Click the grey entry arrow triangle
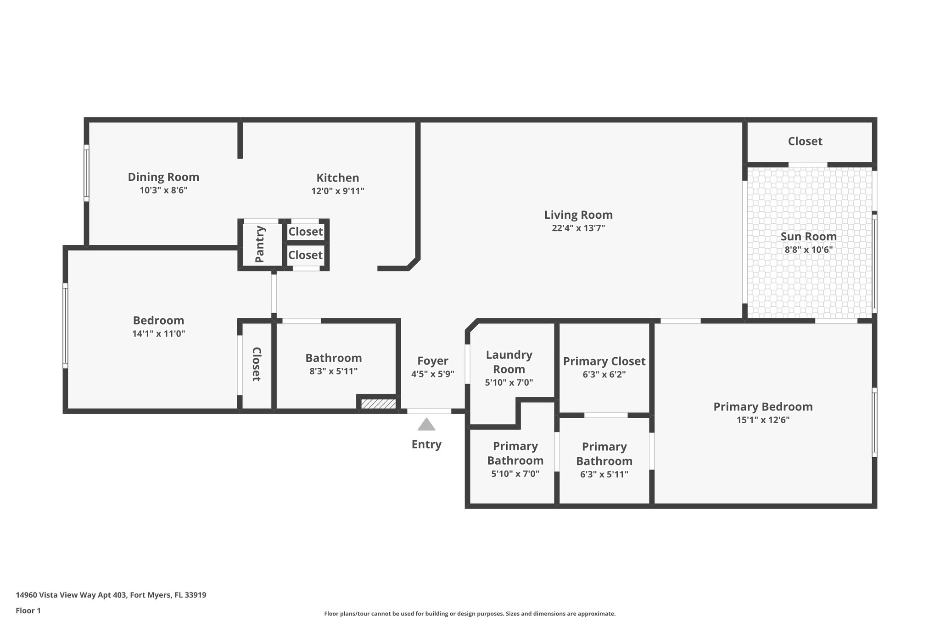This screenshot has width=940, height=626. pyautogui.click(x=426, y=425)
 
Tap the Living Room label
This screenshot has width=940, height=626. pyautogui.click(x=578, y=215)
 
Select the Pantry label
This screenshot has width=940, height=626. pyautogui.click(x=260, y=244)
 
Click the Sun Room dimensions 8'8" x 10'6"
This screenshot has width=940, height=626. pyautogui.click(x=808, y=250)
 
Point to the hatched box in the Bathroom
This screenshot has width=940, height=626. pyautogui.click(x=378, y=404)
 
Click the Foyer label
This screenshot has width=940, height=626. pyautogui.click(x=432, y=361)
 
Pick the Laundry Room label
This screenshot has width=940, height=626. pyautogui.click(x=509, y=362)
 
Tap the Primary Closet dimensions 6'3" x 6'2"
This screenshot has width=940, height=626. pyautogui.click(x=604, y=374)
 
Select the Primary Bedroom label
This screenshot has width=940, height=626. pyautogui.click(x=763, y=407)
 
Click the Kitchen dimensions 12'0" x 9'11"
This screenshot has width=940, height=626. pyautogui.click(x=338, y=191)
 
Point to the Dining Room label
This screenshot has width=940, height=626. pyautogui.click(x=163, y=177)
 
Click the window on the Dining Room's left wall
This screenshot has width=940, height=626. pyautogui.click(x=86, y=173)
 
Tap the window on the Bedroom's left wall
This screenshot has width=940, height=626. pyautogui.click(x=66, y=326)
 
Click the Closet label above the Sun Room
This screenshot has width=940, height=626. pyautogui.click(x=805, y=141)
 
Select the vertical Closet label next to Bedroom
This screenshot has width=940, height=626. pyautogui.click(x=256, y=364)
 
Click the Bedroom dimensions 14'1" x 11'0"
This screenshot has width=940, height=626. pyautogui.click(x=158, y=334)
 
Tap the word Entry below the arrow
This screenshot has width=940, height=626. pyautogui.click(x=426, y=444)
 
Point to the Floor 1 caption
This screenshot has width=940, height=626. pyautogui.click(x=28, y=610)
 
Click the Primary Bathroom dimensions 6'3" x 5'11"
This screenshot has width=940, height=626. pyautogui.click(x=604, y=475)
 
